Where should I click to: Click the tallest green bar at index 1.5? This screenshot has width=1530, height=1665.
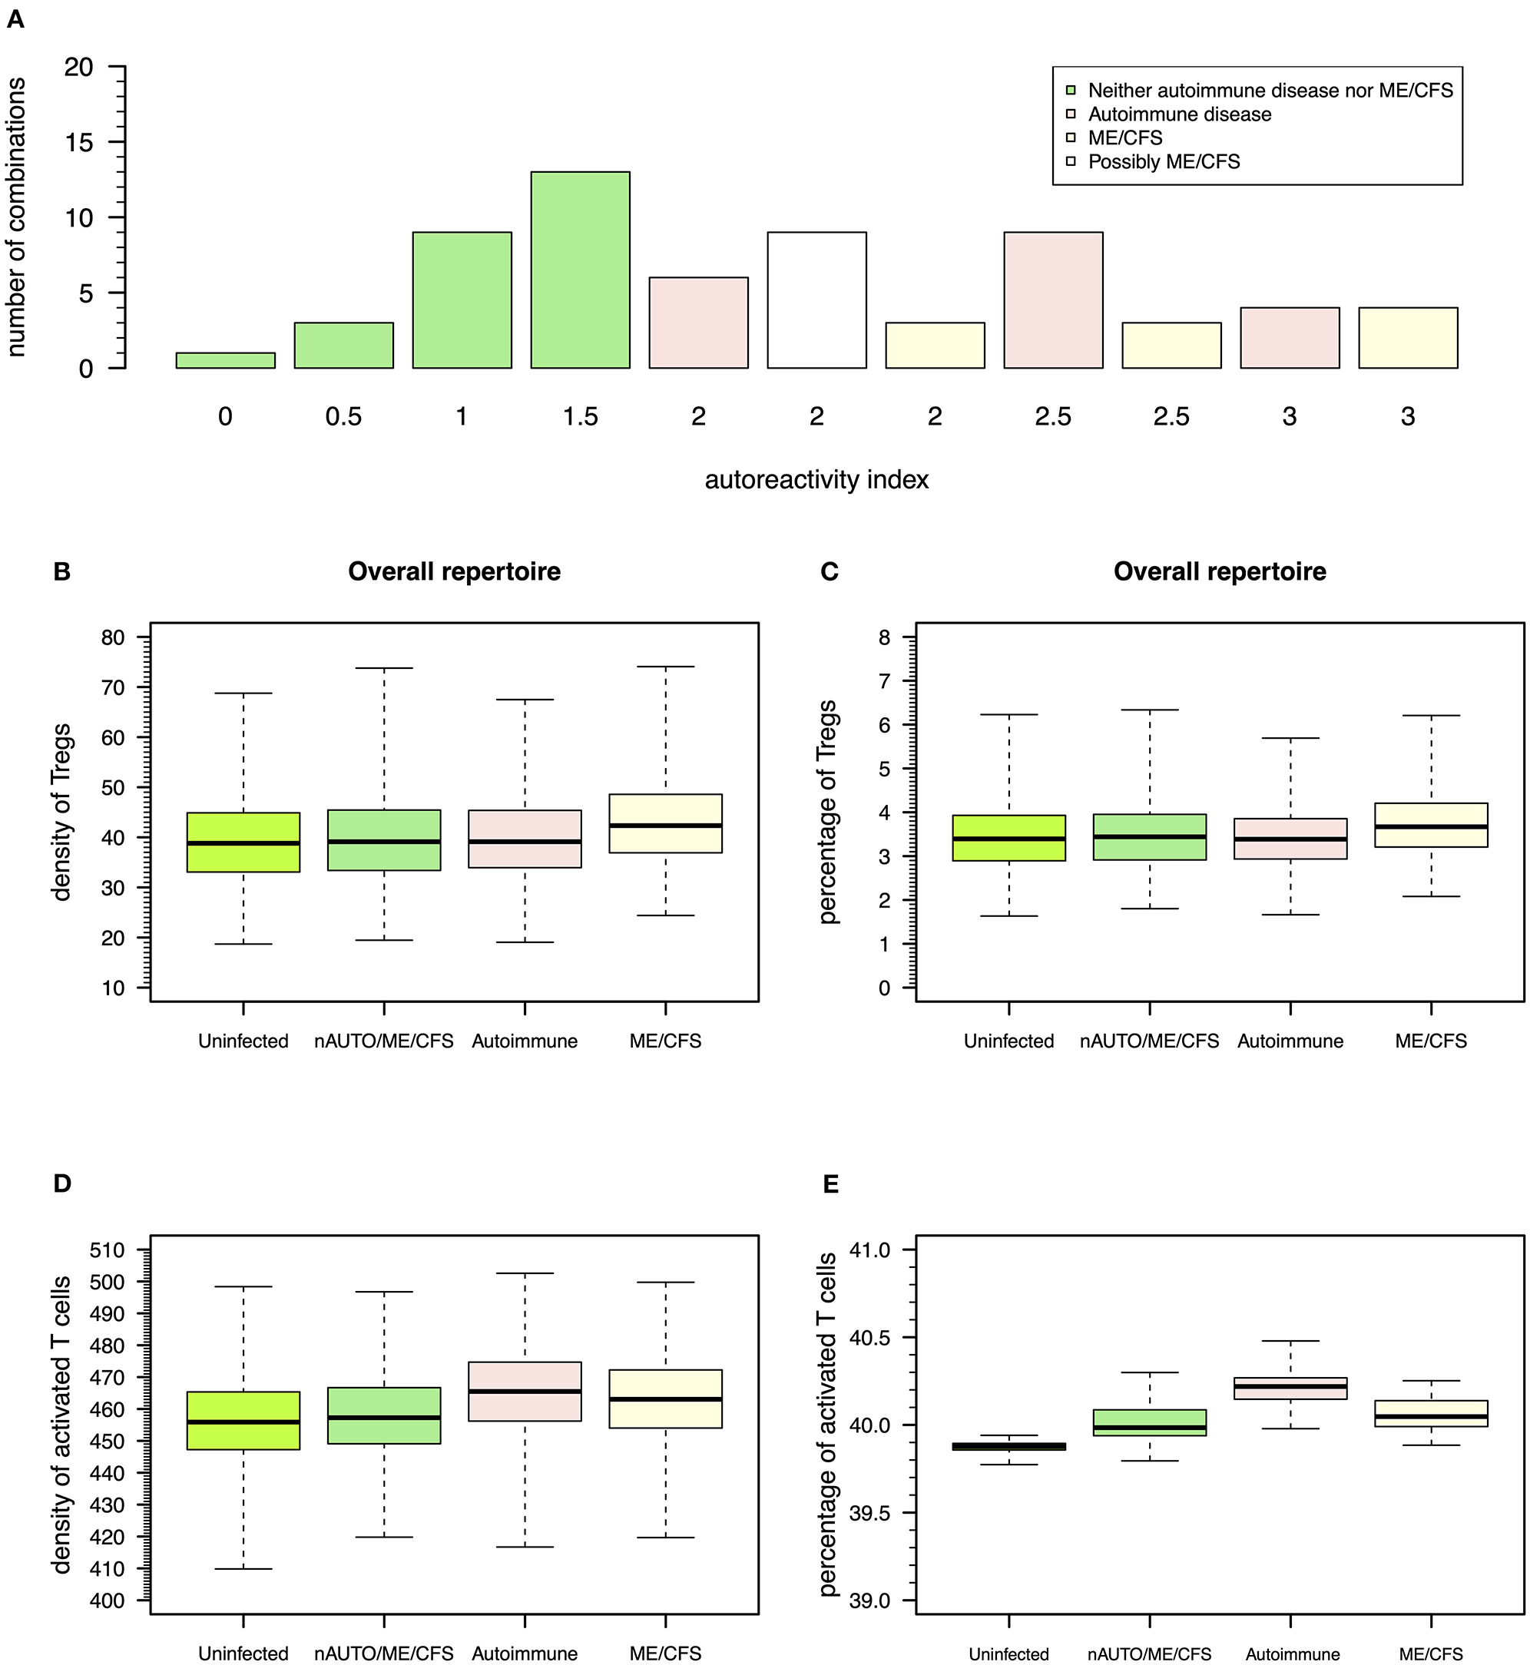coord(580,270)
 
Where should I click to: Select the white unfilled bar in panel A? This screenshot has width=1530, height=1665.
coord(816,300)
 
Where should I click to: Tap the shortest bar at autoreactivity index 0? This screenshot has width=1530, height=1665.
coord(225,360)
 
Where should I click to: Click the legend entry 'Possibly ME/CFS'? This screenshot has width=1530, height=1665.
coord(1163,161)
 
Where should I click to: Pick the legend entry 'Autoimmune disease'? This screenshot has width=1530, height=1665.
coord(1179,114)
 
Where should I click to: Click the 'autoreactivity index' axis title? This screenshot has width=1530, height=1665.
coord(816,479)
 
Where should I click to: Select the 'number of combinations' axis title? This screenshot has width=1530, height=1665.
coord(17,217)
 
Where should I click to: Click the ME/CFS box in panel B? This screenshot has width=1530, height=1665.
coord(665,823)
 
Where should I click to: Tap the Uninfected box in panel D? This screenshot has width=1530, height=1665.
coord(243,1420)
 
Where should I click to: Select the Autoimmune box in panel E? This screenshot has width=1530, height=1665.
coord(1290,1389)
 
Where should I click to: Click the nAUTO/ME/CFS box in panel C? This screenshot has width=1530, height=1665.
coord(1149,837)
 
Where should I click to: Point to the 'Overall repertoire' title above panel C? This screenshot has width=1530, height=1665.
coord(1219,571)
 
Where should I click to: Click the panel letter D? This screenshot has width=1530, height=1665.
coord(62,1183)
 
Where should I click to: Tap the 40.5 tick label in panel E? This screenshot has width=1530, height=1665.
coord(869,1337)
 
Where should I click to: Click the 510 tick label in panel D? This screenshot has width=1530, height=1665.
coord(107,1250)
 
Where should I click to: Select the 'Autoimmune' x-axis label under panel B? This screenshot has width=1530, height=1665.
coord(524,1041)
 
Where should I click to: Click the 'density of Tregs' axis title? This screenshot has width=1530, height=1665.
coord(61,812)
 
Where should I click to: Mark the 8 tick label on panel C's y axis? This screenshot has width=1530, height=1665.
coord(884,637)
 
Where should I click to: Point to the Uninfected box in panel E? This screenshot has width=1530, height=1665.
coord(1008,1446)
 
